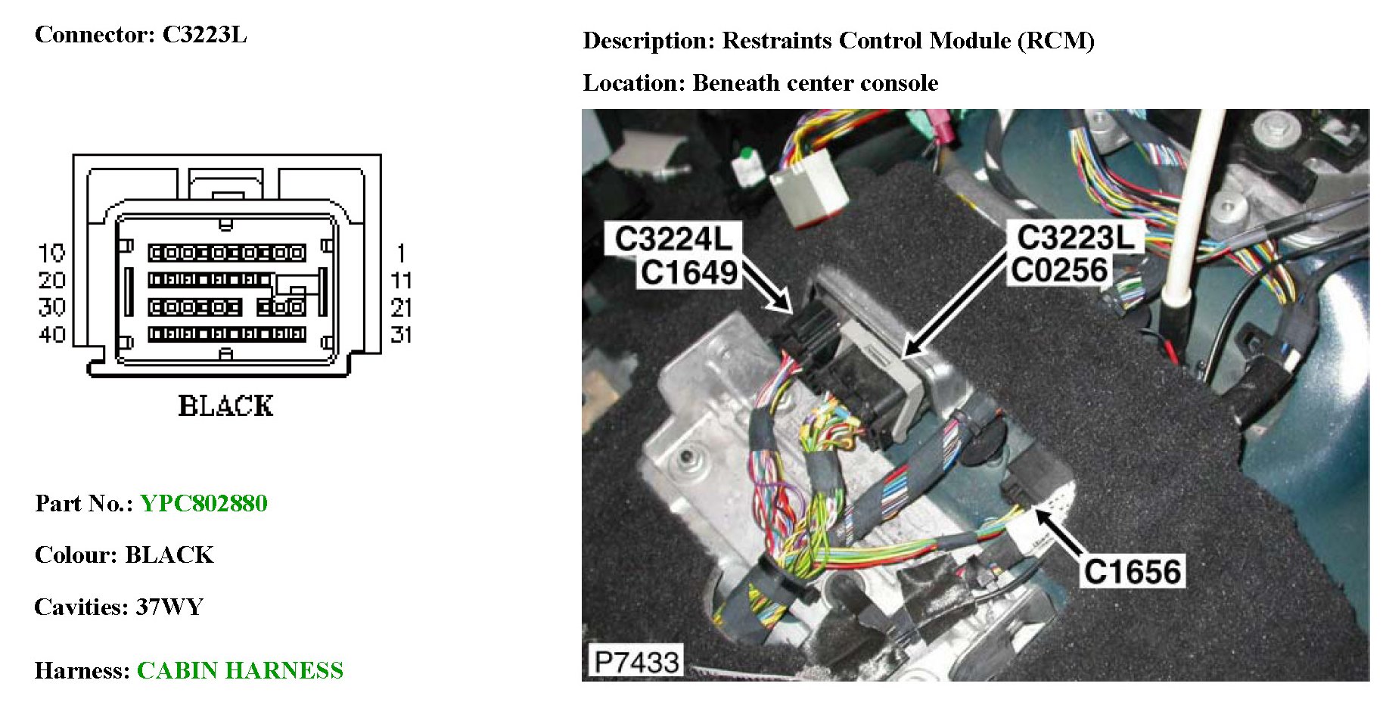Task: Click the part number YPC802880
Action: point(204,504)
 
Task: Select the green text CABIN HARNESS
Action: point(240,671)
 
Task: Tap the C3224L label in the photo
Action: point(673,239)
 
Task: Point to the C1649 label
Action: point(688,272)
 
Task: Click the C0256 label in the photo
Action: point(1059,270)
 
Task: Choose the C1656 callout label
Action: point(1132,572)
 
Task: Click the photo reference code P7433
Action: point(636,662)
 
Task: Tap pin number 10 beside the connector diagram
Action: point(52,253)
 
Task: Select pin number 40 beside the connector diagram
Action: point(52,334)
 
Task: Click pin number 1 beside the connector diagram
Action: point(401,253)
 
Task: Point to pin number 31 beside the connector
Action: point(401,334)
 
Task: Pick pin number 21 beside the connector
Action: point(401,308)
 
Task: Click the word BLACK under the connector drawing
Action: point(225,406)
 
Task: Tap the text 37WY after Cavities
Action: point(169,607)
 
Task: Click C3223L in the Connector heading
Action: point(204,35)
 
